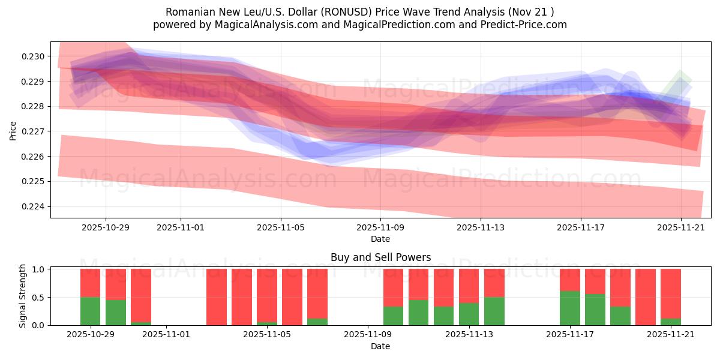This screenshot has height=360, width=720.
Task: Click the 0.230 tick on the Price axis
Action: (34, 56)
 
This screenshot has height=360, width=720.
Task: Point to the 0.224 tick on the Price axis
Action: (34, 206)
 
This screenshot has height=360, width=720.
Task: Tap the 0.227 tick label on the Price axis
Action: (34, 131)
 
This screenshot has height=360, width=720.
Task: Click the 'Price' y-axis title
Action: (13, 130)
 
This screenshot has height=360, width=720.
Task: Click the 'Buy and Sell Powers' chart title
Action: (380, 257)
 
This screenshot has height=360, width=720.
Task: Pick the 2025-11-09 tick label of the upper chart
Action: (380, 228)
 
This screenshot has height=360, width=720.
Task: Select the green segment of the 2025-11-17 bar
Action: (570, 308)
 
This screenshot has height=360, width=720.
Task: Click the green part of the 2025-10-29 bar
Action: (90, 311)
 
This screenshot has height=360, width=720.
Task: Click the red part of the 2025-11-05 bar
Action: (266, 295)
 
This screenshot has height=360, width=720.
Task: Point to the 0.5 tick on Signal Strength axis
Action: (39, 298)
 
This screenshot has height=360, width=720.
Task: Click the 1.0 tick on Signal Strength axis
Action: (39, 269)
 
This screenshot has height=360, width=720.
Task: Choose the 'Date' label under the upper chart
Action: (380, 239)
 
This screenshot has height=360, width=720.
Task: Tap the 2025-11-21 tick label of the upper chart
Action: (680, 228)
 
